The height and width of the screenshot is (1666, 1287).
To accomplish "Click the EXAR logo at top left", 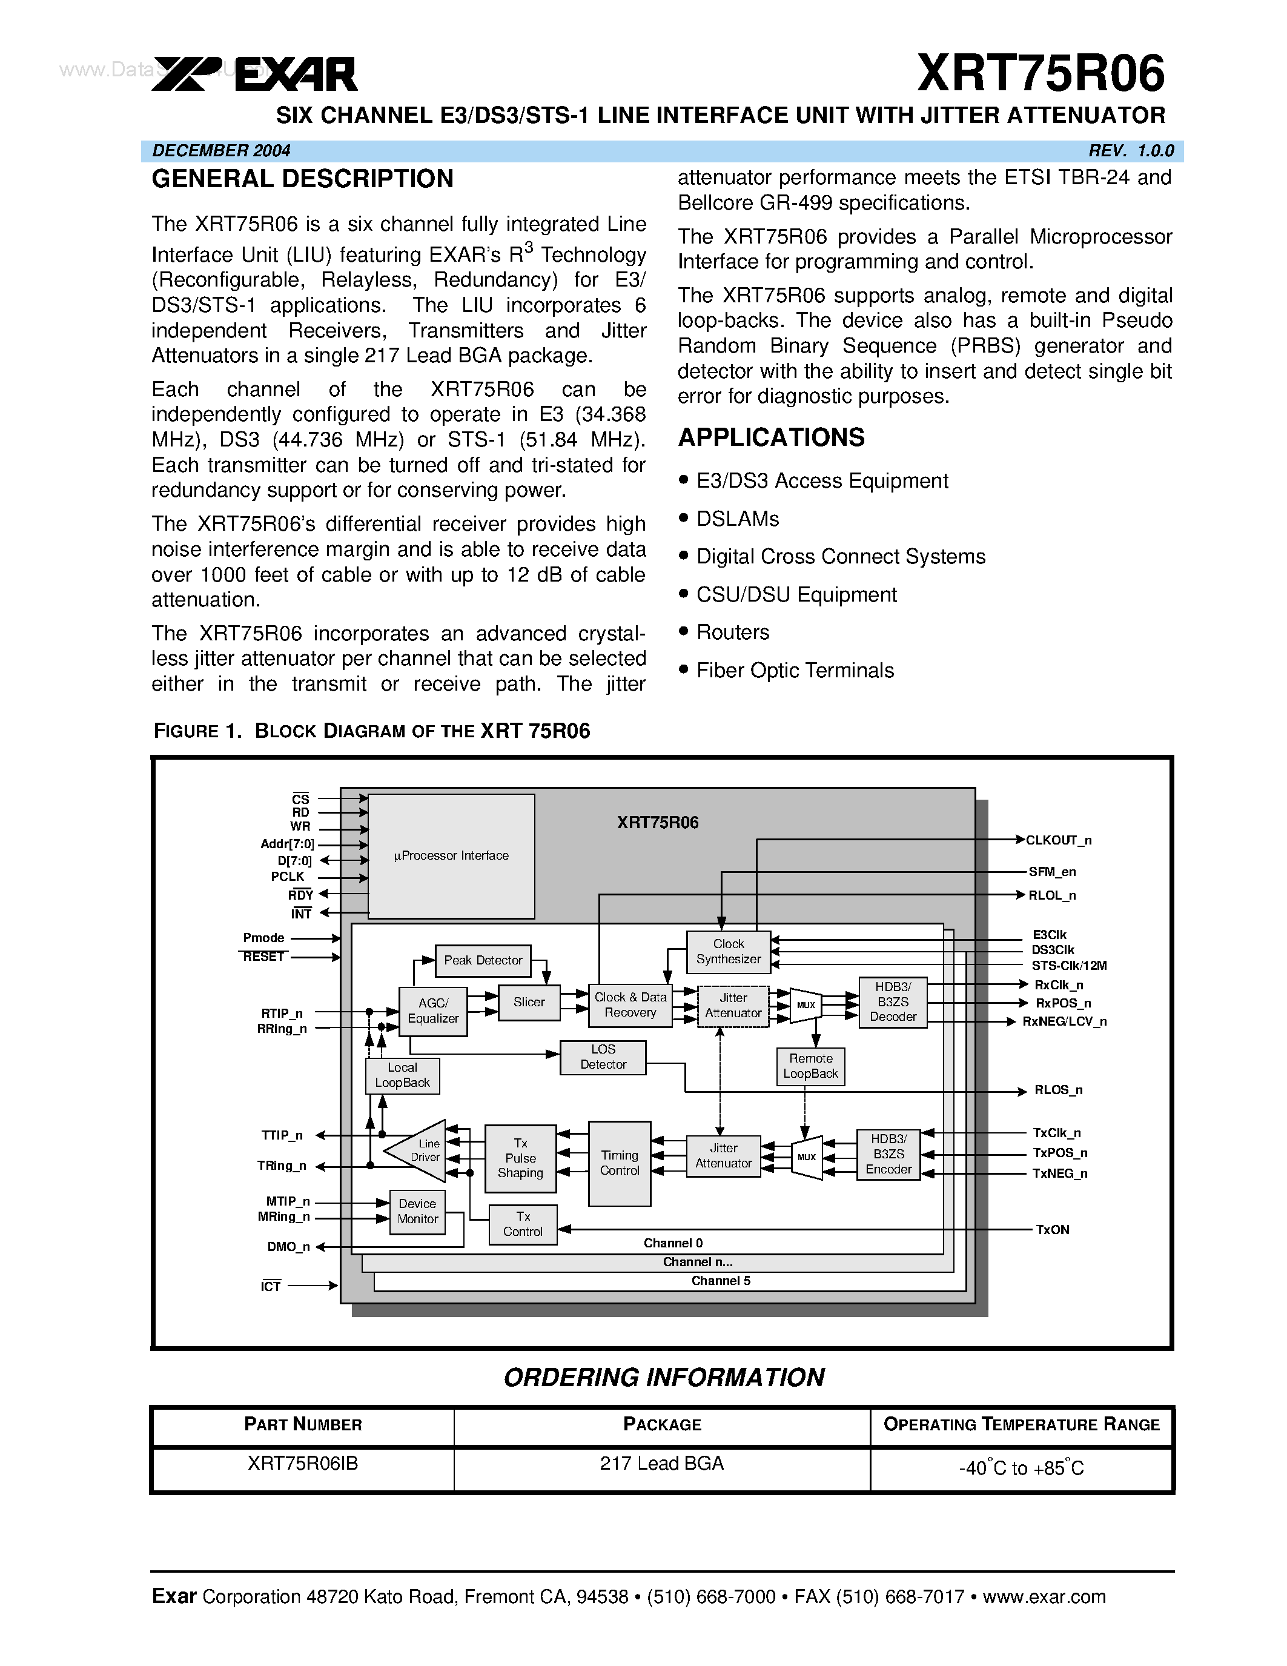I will [254, 75].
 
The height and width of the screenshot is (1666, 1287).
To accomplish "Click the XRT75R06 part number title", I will [1040, 73].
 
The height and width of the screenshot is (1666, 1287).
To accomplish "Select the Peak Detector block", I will [483, 960].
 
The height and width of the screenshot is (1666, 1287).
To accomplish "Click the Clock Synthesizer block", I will [728, 951].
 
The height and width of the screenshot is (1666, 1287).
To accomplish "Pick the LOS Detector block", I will [603, 1057].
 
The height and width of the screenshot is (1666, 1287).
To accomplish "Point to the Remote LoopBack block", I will [810, 1066].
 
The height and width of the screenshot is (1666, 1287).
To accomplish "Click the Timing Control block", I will [619, 1163].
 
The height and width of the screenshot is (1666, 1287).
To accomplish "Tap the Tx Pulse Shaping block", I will [520, 1158].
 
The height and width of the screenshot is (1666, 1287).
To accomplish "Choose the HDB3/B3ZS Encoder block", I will [888, 1154].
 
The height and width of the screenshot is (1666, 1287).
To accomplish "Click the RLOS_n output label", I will [1058, 1090].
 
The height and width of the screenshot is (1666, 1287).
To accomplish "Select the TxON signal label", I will [1052, 1230].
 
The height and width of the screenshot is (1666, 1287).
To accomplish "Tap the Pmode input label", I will [264, 938].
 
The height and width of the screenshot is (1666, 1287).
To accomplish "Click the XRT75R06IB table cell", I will [303, 1463].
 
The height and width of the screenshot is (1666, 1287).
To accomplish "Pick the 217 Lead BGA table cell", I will [661, 1463].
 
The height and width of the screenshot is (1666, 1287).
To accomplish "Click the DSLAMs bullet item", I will [737, 519].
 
